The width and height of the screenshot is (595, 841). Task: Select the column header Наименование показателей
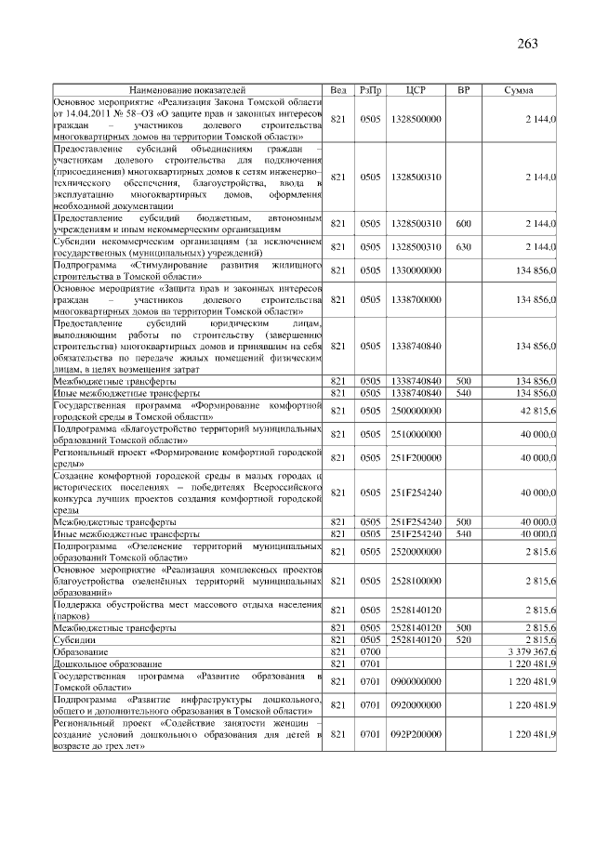188,90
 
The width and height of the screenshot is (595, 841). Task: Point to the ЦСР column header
416,90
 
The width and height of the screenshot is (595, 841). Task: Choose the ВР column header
462,90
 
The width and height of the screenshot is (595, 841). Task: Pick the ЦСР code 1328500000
416,119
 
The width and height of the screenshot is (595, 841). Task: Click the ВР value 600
462,224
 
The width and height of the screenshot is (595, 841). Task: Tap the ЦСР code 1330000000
416,270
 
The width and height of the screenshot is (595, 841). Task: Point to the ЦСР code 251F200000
416,458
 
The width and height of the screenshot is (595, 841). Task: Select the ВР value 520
462,640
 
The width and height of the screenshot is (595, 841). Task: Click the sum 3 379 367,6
532,652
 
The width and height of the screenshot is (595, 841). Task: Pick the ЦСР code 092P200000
416,733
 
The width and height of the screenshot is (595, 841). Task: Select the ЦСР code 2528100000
416,581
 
